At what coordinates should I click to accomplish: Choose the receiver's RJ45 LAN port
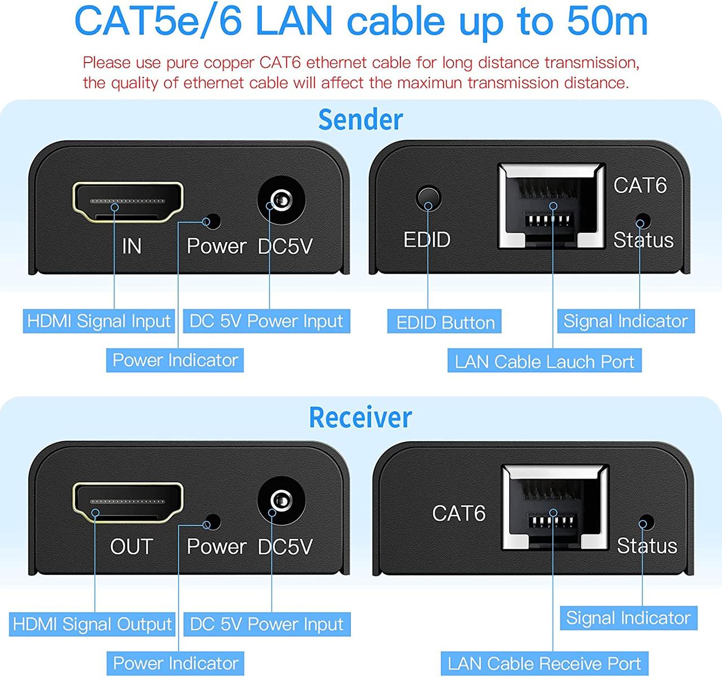[555, 507]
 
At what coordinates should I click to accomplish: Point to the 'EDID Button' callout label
[445, 322]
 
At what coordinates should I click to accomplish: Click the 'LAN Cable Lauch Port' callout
[544, 362]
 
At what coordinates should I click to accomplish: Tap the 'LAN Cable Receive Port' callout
[544, 663]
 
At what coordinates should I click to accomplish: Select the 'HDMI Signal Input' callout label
[99, 321]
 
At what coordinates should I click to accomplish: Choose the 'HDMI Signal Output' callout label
[93, 624]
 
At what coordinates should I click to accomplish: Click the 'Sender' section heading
[360, 119]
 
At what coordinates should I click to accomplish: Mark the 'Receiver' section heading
[360, 417]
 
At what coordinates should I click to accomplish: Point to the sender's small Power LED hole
[213, 221]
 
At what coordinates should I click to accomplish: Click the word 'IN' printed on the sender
[131, 246]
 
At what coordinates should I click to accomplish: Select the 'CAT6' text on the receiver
[459, 513]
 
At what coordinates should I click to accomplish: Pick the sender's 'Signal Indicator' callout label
[626, 321]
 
